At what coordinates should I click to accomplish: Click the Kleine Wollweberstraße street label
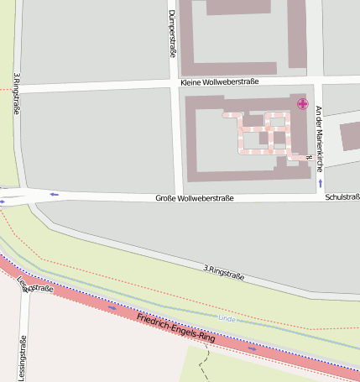[219, 82]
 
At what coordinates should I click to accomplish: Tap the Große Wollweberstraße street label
[194, 199]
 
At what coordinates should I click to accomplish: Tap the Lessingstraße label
[22, 357]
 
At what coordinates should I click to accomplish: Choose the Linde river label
[227, 318]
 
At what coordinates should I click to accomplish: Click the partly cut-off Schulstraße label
[342, 197]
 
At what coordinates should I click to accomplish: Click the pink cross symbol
[302, 104]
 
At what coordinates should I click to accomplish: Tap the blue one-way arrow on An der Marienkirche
[320, 182]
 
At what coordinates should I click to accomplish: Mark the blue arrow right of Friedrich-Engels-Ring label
[252, 347]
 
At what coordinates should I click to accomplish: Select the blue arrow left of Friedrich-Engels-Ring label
[113, 308]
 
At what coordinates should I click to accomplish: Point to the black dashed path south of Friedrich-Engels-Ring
[202, 365]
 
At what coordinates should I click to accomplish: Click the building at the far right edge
[350, 136]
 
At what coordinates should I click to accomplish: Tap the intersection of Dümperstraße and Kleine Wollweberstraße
[175, 84]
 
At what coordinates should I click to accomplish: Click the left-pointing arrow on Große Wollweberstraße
[55, 195]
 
